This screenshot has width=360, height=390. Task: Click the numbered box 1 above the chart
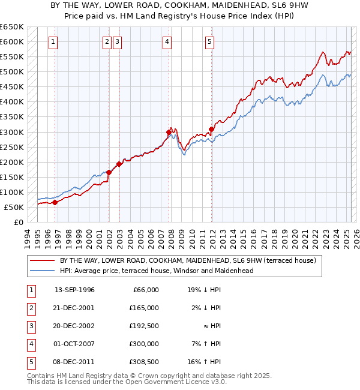54,42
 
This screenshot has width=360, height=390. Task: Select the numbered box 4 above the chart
166,42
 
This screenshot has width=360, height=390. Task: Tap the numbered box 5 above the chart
209,42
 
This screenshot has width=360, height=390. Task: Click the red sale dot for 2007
169,132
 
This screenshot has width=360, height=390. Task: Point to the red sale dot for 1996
55,202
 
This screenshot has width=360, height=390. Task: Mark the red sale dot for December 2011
212,128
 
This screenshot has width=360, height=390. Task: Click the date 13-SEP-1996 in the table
74,290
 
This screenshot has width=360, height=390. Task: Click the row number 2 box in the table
30,308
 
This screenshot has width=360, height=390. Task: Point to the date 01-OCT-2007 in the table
74,344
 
